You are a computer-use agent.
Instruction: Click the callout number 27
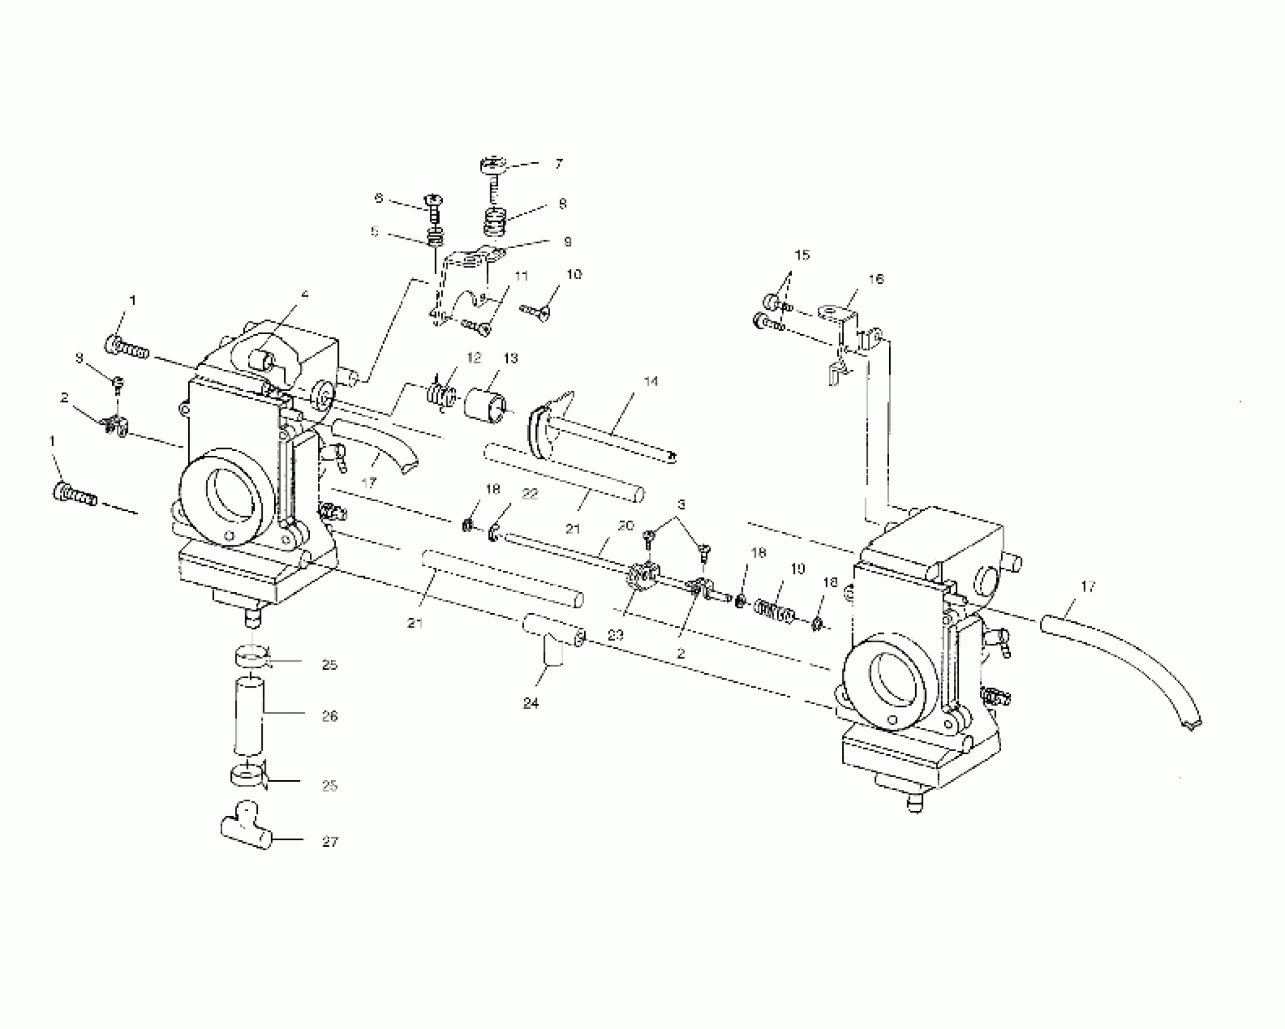pos(330,841)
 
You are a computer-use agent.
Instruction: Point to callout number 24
pos(531,703)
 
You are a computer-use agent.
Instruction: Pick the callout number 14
pos(651,381)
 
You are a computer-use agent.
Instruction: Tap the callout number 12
pos(474,358)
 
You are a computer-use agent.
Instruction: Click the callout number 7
pos(559,163)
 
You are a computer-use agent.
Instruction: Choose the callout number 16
pos(876,279)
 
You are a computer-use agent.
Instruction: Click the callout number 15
pos(802,255)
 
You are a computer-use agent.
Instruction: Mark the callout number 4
pos(305,295)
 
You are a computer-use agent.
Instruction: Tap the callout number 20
pos(626,525)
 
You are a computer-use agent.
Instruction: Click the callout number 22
pos(530,494)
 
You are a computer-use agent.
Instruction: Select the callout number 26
pos(330,716)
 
